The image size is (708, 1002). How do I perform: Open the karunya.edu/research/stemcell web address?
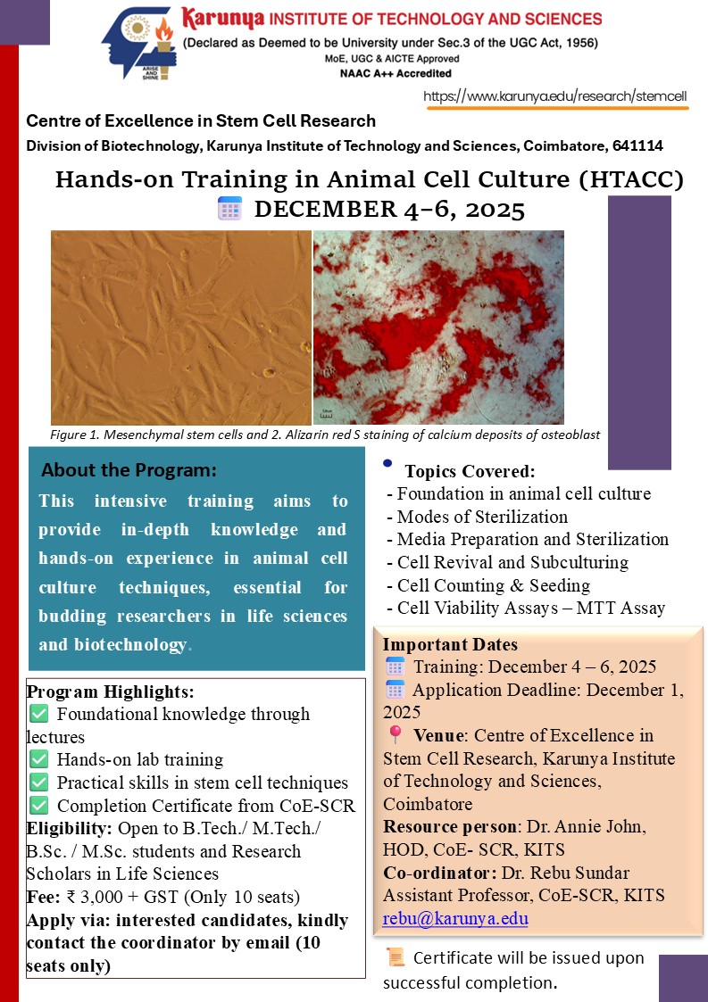[x=556, y=96]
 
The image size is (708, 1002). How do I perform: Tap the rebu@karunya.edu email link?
[x=455, y=918]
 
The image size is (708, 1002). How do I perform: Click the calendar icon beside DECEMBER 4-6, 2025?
[x=229, y=210]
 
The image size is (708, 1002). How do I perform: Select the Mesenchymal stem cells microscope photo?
[x=181, y=327]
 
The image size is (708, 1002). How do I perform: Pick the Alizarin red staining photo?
[x=438, y=327]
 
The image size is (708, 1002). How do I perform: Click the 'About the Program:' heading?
[x=129, y=470]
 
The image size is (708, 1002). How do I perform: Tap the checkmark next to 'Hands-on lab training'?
[x=38, y=759]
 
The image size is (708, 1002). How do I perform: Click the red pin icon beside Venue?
[x=396, y=735]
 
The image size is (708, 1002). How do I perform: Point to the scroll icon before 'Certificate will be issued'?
[x=395, y=957]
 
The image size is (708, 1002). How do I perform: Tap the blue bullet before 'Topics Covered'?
[x=387, y=463]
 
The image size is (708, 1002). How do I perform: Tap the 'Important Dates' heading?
[x=450, y=644]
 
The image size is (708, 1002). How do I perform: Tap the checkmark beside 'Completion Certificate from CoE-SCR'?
[x=38, y=806]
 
